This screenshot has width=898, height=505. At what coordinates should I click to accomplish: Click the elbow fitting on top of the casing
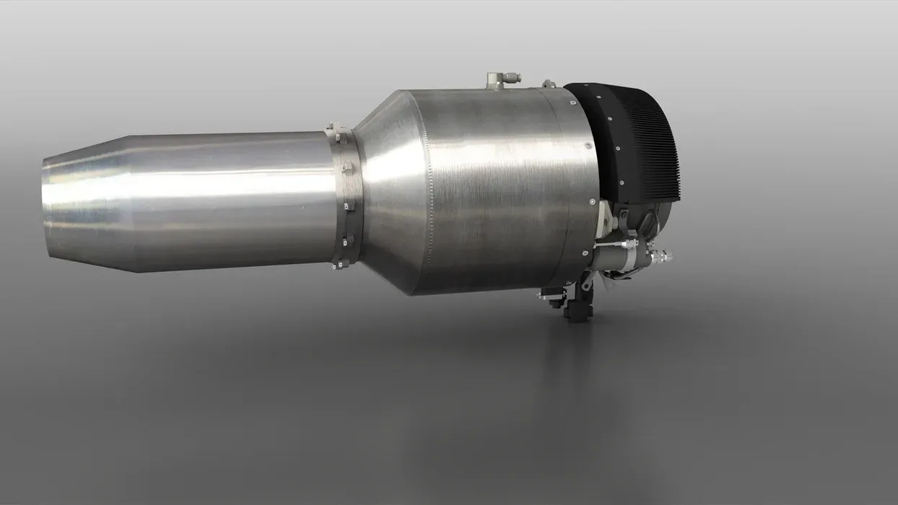(x=497, y=79)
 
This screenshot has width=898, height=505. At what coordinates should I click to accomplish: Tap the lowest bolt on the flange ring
(x=336, y=265)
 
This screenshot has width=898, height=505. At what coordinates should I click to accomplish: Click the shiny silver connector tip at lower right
(x=662, y=255)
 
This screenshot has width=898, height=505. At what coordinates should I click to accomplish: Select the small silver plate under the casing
(x=549, y=295)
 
